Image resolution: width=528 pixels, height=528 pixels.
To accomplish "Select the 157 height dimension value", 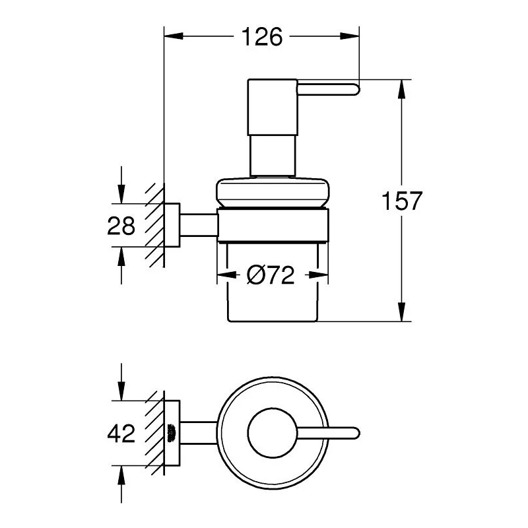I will pyautogui.click(x=401, y=201).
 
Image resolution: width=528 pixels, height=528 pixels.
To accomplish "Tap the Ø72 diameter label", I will pyautogui.click(x=271, y=276).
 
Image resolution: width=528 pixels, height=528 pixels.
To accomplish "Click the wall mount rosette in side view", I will pyautogui.click(x=172, y=224).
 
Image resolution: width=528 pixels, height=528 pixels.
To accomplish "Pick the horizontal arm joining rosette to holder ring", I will pyautogui.click(x=198, y=224).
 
